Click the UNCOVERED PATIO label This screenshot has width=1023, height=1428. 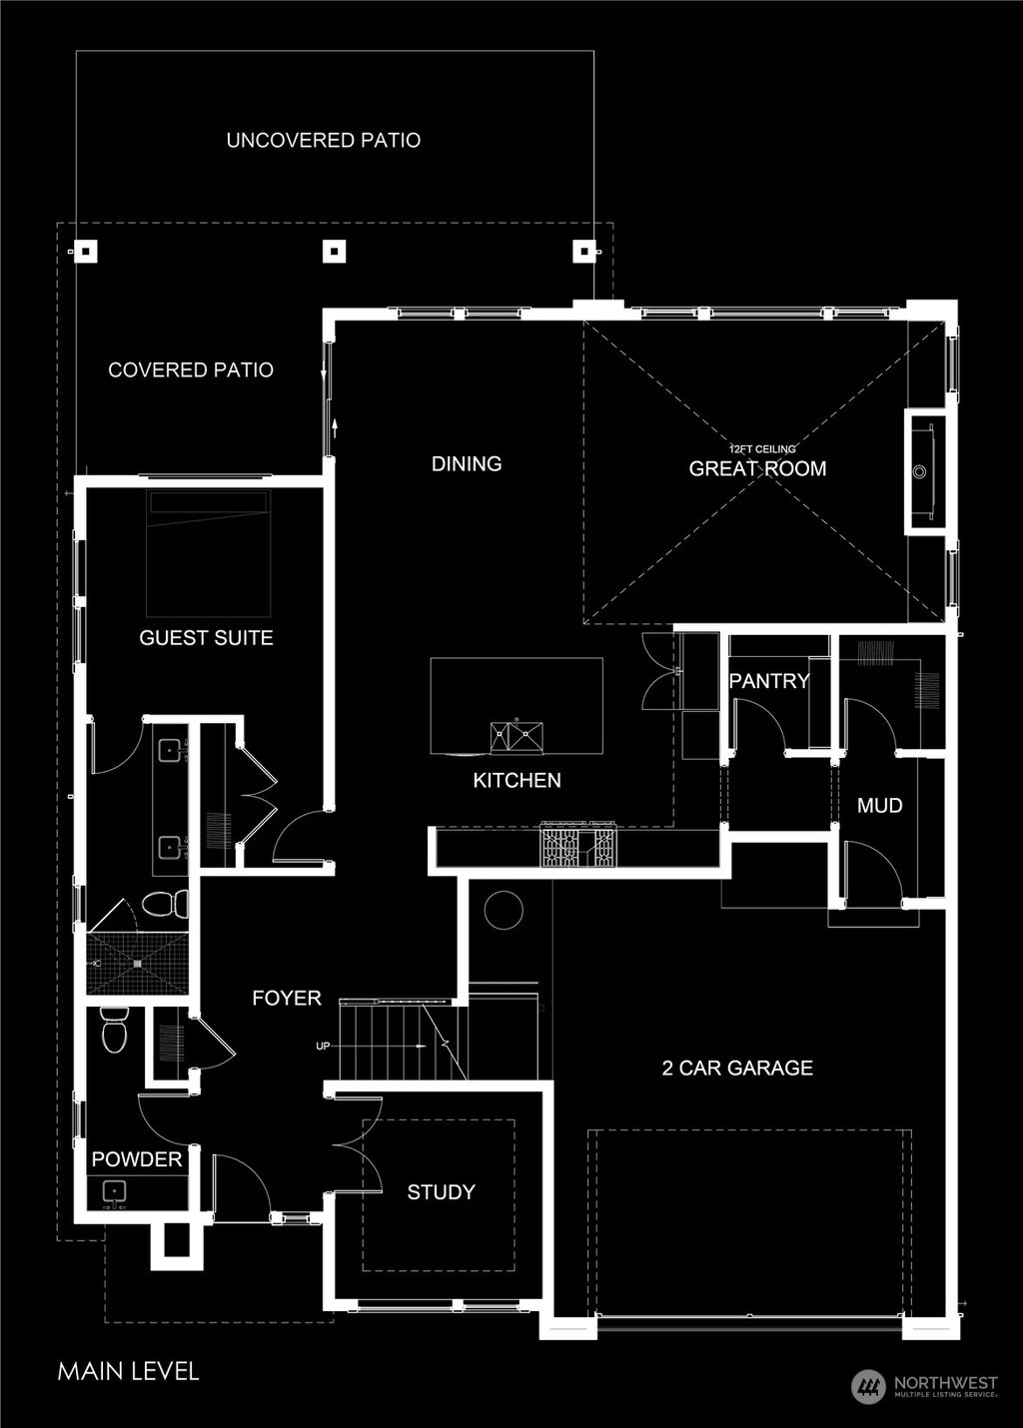(323, 141)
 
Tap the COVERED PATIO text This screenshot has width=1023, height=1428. (191, 370)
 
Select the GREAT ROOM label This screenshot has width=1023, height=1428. (757, 469)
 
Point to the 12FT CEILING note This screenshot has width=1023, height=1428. (762, 449)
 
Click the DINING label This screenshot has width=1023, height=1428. (467, 464)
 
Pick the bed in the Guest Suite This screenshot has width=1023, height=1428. (209, 554)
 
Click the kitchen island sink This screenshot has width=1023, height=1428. (517, 737)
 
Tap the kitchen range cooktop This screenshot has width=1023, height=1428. (578, 845)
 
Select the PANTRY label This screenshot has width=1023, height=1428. (768, 681)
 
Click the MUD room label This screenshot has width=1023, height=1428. (880, 806)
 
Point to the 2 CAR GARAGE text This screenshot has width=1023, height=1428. (737, 1069)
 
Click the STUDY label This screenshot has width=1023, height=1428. (441, 1192)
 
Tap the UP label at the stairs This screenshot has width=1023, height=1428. (323, 1047)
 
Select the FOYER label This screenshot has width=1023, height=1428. (287, 999)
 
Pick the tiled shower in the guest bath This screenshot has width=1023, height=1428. (137, 964)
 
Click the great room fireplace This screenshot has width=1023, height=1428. (924, 470)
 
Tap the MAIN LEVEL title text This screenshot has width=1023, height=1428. (128, 1371)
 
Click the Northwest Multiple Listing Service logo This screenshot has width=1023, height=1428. (924, 1386)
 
